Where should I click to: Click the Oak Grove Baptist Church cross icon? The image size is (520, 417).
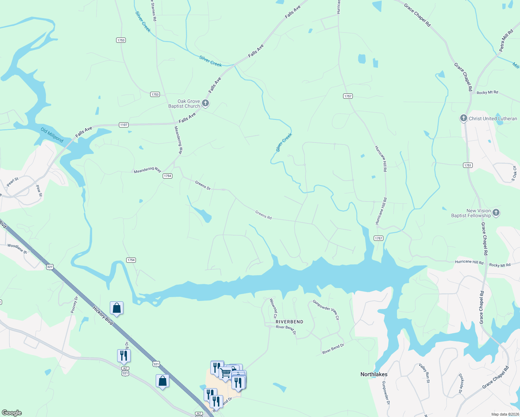tap(205, 103)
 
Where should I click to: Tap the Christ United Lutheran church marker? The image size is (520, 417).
tap(463, 118)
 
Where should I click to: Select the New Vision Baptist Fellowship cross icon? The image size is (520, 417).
tap(496, 212)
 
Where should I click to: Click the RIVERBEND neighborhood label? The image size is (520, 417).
tap(289, 322)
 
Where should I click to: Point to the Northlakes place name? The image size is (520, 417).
tap(374, 374)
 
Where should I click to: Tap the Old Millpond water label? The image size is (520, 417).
tap(52, 135)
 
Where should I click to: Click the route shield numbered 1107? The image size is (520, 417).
tap(124, 125)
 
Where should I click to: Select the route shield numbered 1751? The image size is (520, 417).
tap(468, 165)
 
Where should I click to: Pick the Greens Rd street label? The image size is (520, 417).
tap(263, 215)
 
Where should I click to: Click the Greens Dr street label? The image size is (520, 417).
tap(203, 185)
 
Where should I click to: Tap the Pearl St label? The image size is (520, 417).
tap(13, 182)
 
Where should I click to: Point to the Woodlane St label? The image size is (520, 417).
tap(17, 248)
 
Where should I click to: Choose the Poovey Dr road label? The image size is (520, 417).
tap(74, 305)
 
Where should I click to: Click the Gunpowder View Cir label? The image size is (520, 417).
tap(326, 309)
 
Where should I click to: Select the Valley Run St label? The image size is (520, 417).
tap(424, 373)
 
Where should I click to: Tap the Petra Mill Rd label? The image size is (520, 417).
tap(506, 41)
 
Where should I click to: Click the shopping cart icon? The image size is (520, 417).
tap(225, 373)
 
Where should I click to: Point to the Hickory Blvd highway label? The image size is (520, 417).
tap(103, 315)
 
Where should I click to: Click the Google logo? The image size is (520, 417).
tap(11, 413)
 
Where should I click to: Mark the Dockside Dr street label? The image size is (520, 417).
tap(461, 383)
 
